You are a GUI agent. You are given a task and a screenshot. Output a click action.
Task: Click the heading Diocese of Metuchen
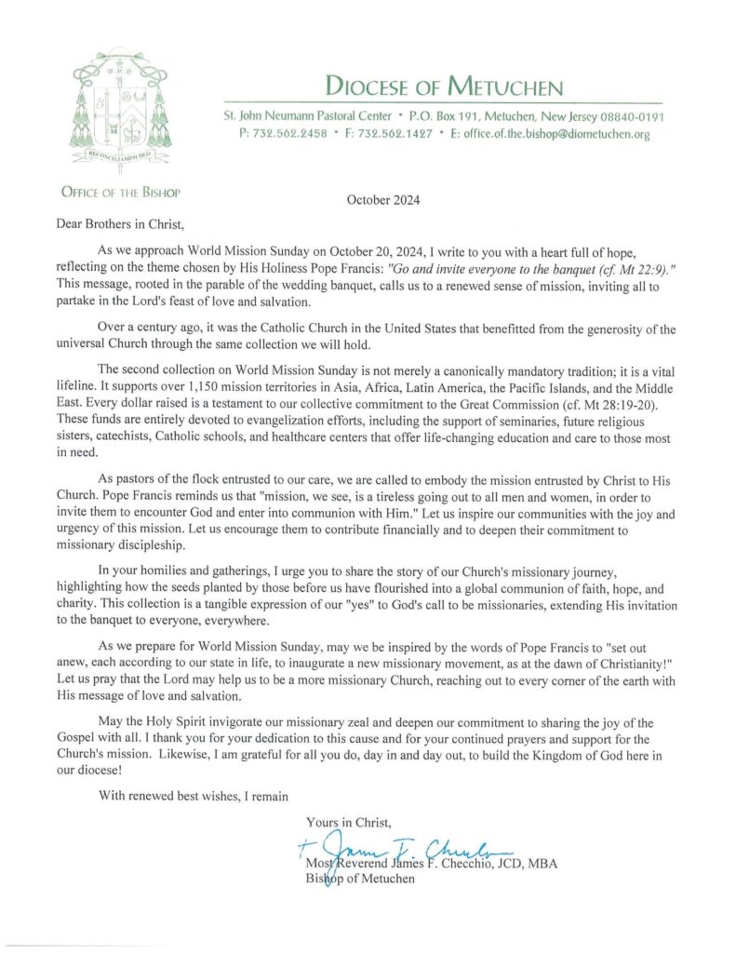click(x=444, y=87)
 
